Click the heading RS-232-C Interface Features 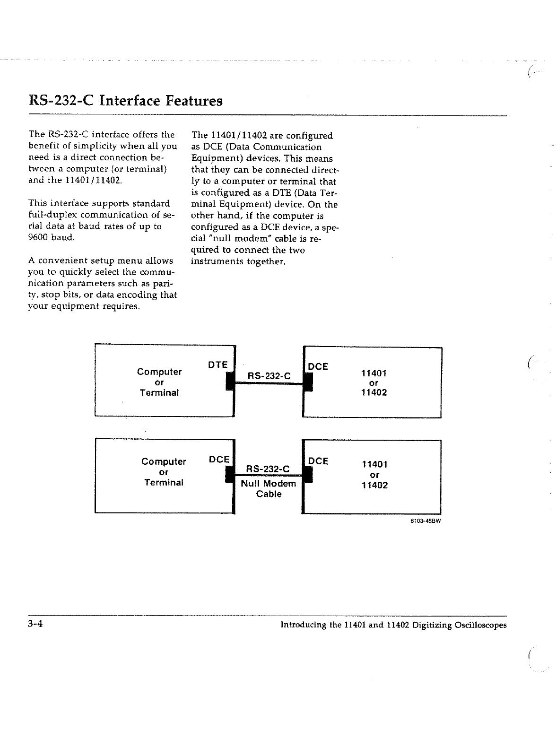pyautogui.click(x=125, y=101)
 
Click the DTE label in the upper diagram pyautogui.click(x=218, y=365)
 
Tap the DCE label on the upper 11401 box pyautogui.click(x=318, y=366)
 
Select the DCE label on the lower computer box pyautogui.click(x=219, y=459)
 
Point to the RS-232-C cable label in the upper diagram pyautogui.click(x=269, y=376)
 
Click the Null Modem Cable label pyautogui.click(x=269, y=488)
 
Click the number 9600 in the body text pyautogui.click(x=38, y=237)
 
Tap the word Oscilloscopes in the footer pyautogui.click(x=480, y=625)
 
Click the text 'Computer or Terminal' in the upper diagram pyautogui.click(x=159, y=382)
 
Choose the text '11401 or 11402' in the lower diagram pyautogui.click(x=374, y=475)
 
